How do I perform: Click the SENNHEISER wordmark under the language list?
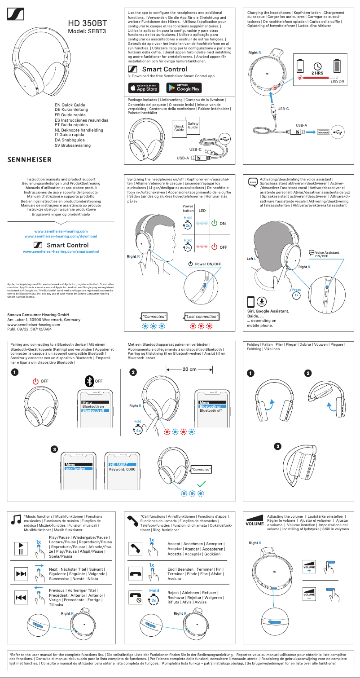click(30, 159)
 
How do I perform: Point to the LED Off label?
click(337, 83)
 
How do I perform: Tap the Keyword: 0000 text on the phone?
click(122, 469)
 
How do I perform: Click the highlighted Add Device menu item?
click(75, 469)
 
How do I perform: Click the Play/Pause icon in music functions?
click(21, 548)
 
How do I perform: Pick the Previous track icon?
click(21, 597)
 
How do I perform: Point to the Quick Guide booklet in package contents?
click(180, 129)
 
